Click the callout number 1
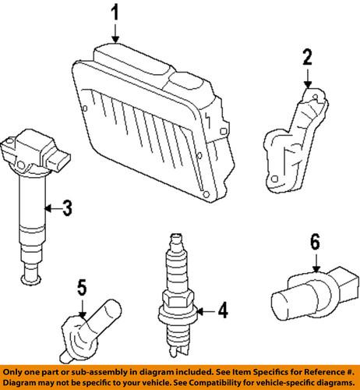115,13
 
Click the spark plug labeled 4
178,296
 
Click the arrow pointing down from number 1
115,34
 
